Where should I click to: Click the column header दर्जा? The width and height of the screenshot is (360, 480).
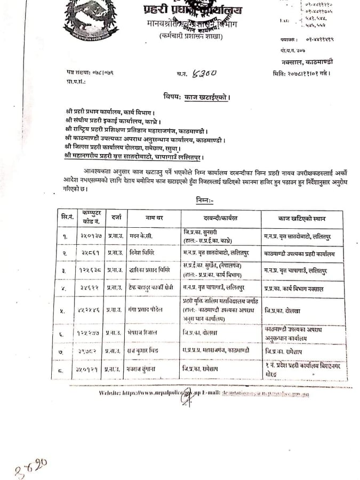point(117,218)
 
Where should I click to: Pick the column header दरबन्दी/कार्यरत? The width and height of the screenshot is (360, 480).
point(220,218)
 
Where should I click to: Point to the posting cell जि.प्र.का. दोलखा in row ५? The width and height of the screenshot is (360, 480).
point(282,308)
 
